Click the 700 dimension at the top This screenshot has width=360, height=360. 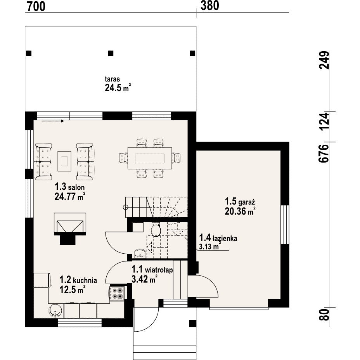click(x=36, y=7)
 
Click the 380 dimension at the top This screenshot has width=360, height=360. click(x=210, y=6)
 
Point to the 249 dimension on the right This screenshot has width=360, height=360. click(x=324, y=60)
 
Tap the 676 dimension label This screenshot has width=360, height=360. click(x=324, y=154)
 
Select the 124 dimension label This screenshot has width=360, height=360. click(x=324, y=121)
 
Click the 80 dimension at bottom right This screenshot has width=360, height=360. click(x=324, y=315)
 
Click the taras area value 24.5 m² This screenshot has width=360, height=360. click(x=118, y=88)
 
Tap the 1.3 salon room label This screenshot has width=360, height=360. click(x=69, y=187)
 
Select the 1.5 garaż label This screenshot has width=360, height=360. click(x=240, y=202)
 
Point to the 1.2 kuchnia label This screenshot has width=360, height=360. click(x=78, y=280)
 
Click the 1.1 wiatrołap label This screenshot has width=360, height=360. click(x=152, y=270)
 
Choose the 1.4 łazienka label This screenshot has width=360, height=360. click(x=218, y=238)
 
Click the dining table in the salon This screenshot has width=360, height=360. click(x=150, y=158)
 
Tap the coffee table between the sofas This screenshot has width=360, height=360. click(x=64, y=161)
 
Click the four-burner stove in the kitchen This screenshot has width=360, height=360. click(x=118, y=293)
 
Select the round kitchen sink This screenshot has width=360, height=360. click(x=55, y=311)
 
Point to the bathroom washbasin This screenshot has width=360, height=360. click(x=140, y=253)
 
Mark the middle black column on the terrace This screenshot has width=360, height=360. click(x=111, y=54)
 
